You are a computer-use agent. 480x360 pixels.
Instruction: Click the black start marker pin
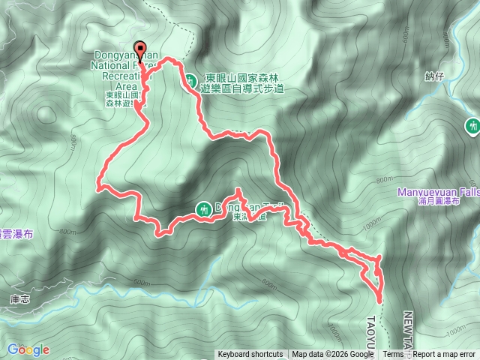pyautogui.click(x=139, y=46)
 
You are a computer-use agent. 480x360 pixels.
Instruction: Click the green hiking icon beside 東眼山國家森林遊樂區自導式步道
pyautogui.click(x=191, y=79)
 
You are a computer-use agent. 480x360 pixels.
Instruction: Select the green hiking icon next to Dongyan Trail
pyautogui.click(x=202, y=209)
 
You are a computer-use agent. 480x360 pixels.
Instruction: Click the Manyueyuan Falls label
pyautogui.click(x=438, y=192)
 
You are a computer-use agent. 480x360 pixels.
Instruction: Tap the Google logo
pyautogui.click(x=28, y=349)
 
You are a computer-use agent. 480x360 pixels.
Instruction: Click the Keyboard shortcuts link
pyautogui.click(x=250, y=355)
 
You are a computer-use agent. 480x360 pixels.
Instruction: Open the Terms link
pyautogui.click(x=393, y=355)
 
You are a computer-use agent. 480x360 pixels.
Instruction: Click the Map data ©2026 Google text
pyautogui.click(x=333, y=355)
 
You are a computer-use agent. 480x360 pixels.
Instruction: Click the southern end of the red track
pyautogui.click(x=379, y=299)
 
